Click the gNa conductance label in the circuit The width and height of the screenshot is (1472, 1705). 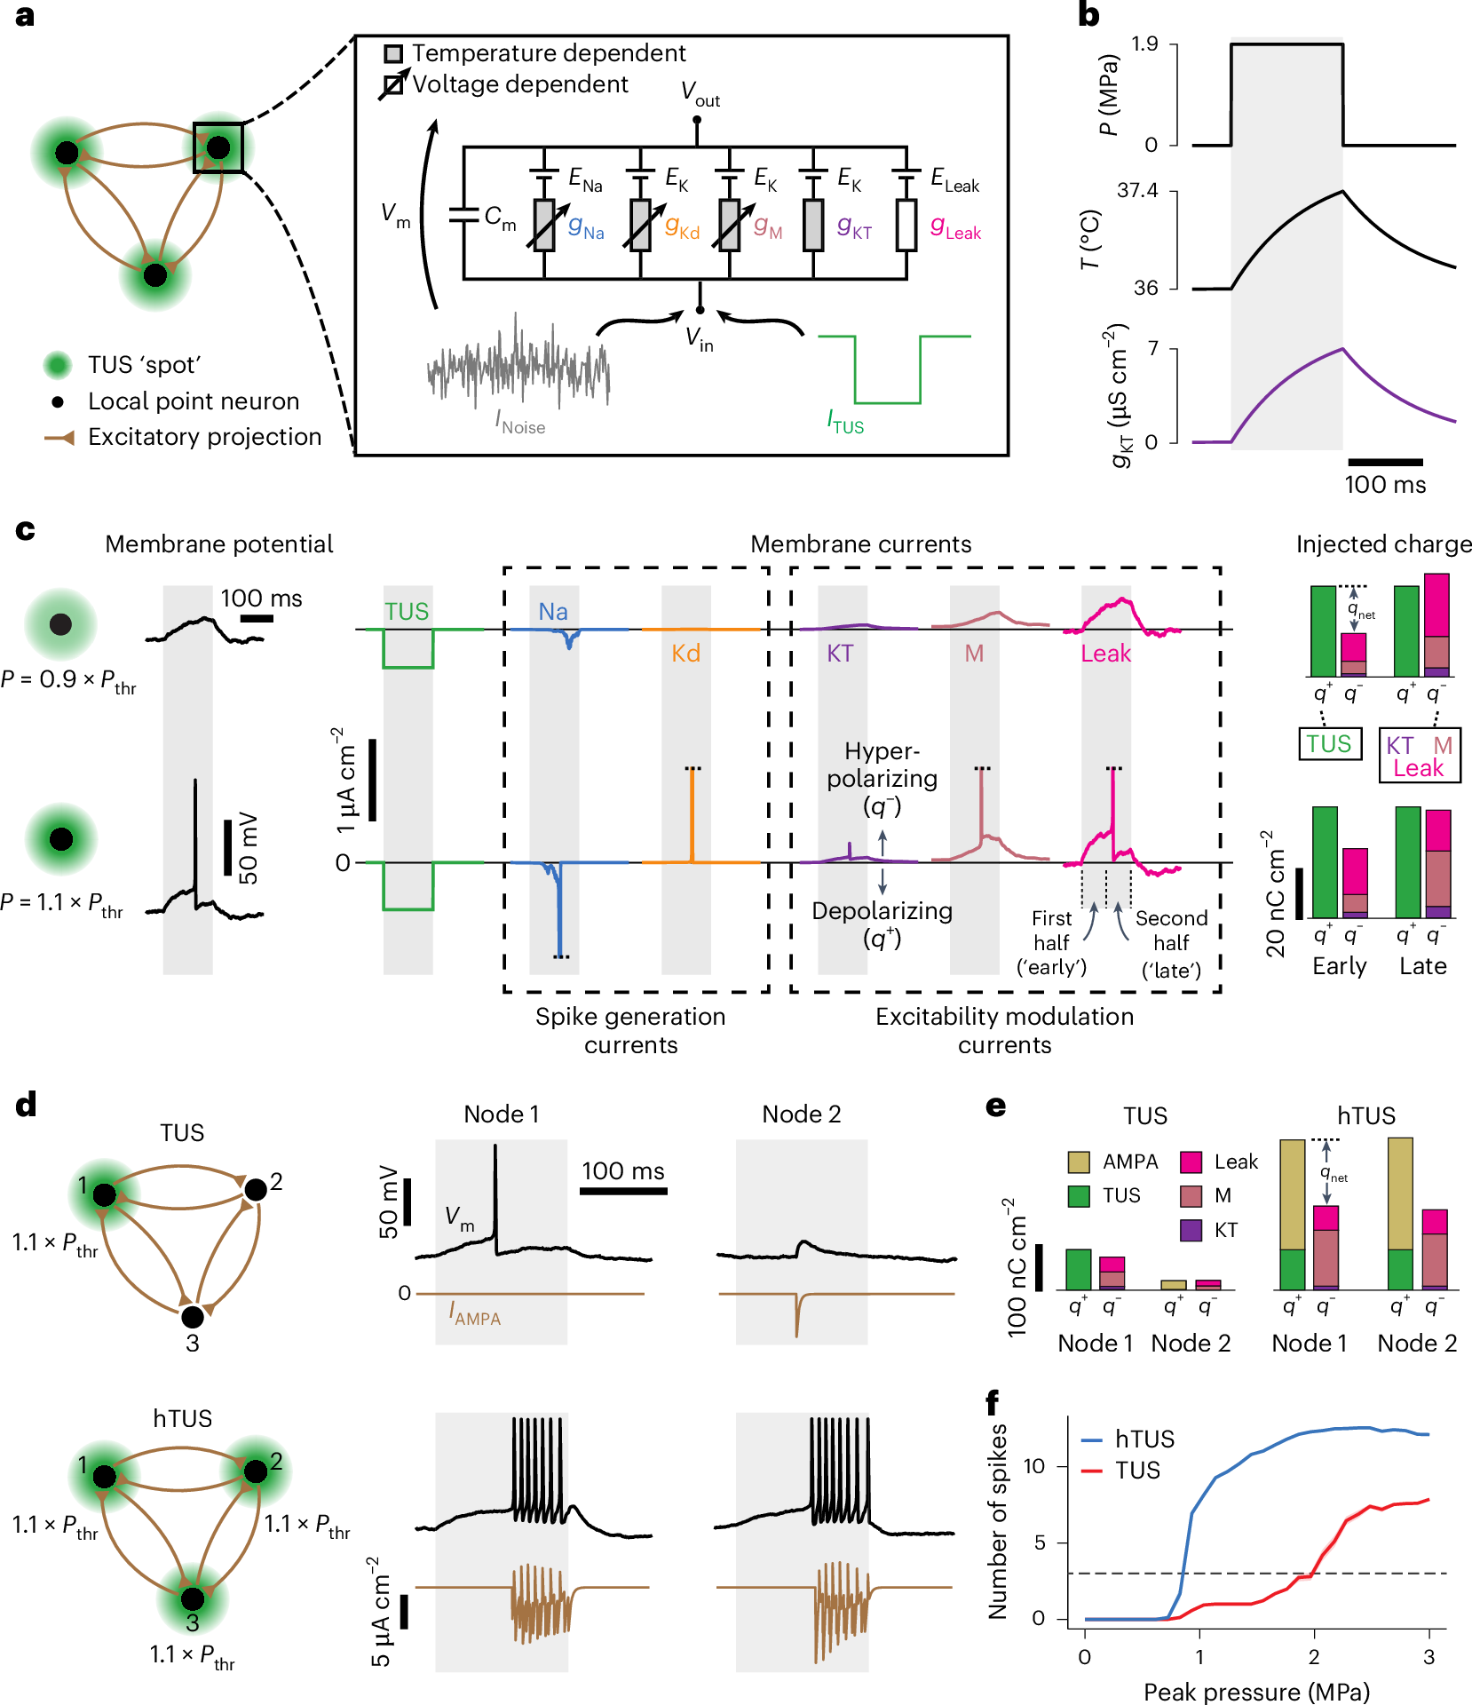pyautogui.click(x=586, y=227)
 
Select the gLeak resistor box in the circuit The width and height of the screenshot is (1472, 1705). pyautogui.click(x=906, y=225)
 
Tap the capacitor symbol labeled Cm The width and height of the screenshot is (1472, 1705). pyautogui.click(x=463, y=215)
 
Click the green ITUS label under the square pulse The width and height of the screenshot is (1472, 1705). pyautogui.click(x=845, y=421)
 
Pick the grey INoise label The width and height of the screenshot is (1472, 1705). pyautogui.click(x=520, y=422)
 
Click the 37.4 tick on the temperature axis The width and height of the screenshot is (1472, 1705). pyautogui.click(x=1137, y=191)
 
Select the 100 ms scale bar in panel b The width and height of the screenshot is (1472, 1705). pyautogui.click(x=1384, y=462)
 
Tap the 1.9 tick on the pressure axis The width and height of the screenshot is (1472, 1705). pyautogui.click(x=1144, y=44)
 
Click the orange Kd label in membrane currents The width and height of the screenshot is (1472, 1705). pyautogui.click(x=685, y=654)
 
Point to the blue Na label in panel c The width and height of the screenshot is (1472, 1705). pyautogui.click(x=553, y=611)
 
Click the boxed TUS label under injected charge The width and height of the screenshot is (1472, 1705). pyautogui.click(x=1328, y=744)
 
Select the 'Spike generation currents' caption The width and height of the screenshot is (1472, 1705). pyautogui.click(x=630, y=1030)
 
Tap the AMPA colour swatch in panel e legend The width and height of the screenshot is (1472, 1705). pyautogui.click(x=1079, y=1162)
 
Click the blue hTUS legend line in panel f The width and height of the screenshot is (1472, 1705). pyautogui.click(x=1092, y=1439)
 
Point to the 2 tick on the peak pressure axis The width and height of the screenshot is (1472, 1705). pyautogui.click(x=1314, y=1656)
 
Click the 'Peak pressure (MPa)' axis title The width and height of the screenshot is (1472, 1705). pyautogui.click(x=1256, y=1691)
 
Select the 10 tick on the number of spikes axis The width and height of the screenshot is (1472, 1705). pyautogui.click(x=1033, y=1466)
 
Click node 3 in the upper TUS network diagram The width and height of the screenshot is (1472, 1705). pyautogui.click(x=193, y=1317)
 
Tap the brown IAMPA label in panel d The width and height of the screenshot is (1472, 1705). pyautogui.click(x=475, y=1314)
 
